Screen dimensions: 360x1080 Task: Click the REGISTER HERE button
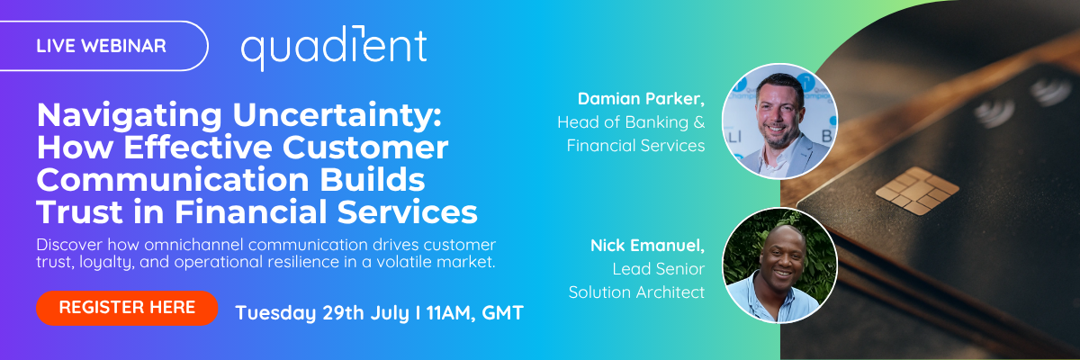point(127,307)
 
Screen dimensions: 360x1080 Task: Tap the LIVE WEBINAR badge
point(101,46)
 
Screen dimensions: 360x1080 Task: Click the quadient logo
point(333,46)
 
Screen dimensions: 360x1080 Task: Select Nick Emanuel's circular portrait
point(779,265)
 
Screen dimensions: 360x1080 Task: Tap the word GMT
point(502,313)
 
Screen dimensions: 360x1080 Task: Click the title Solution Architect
point(636,292)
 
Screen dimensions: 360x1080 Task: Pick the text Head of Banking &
point(631,121)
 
